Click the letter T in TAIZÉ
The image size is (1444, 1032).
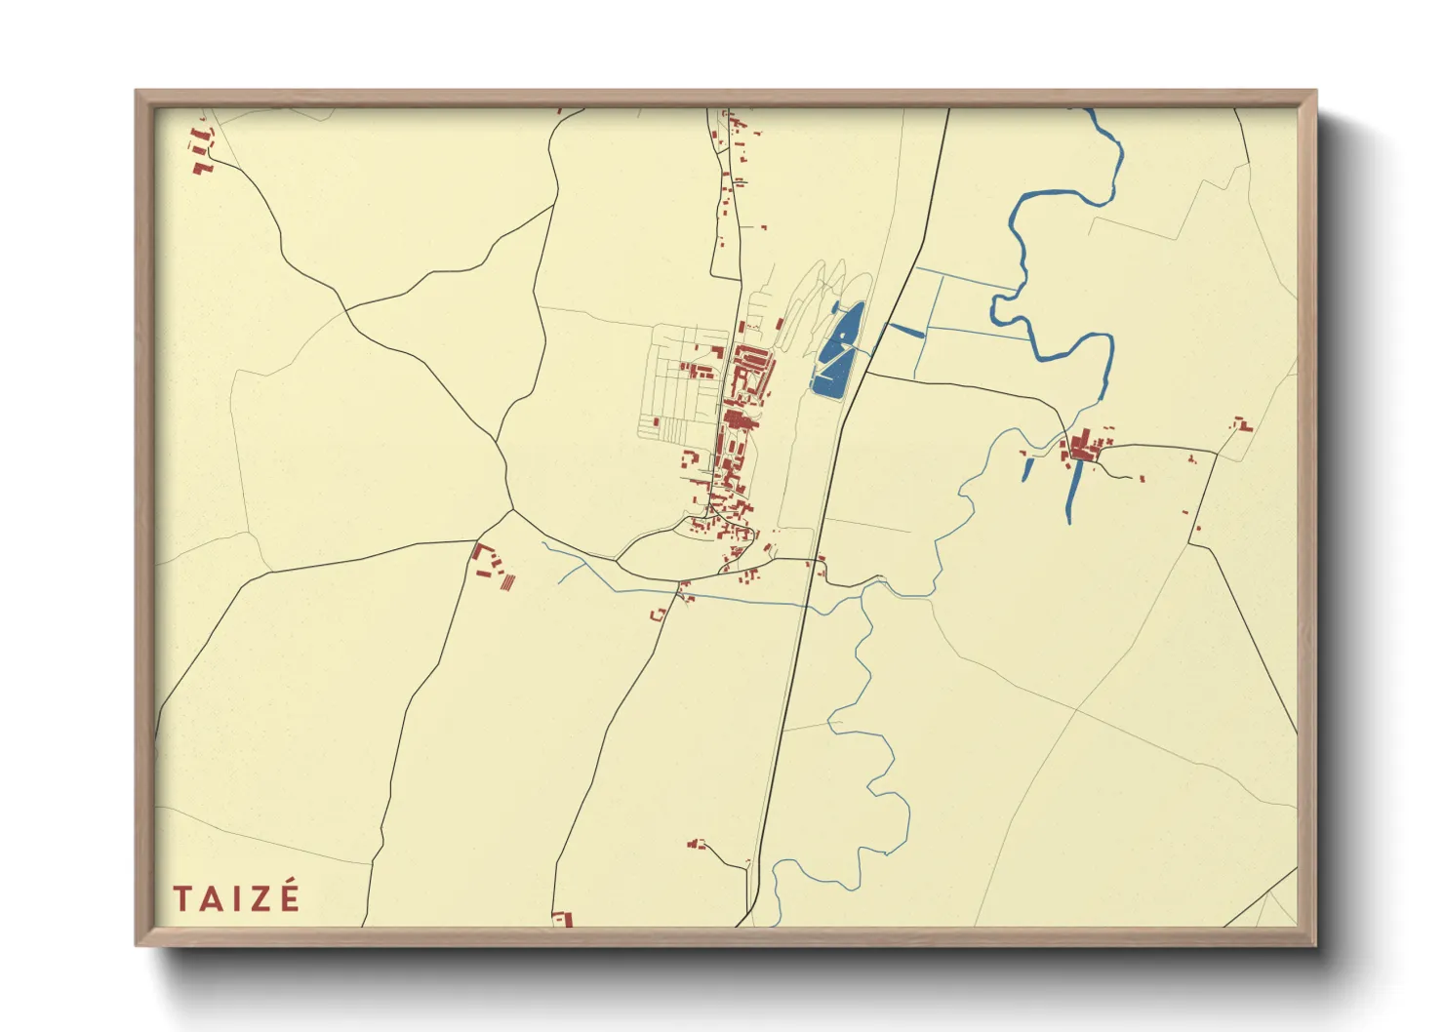point(181,898)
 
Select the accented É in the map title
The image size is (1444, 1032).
point(289,896)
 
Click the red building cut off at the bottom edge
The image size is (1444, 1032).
point(562,919)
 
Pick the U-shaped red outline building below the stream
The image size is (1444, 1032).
point(658,615)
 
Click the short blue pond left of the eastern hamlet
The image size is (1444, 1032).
point(1027,470)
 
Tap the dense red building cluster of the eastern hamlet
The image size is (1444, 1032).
point(1081,450)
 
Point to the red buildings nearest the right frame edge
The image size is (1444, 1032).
point(1242,424)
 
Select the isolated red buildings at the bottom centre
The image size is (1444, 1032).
point(697,844)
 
